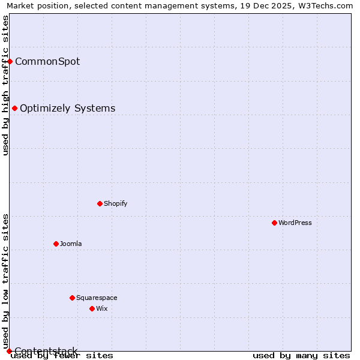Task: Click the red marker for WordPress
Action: [x=274, y=223]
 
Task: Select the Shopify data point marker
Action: [x=100, y=203]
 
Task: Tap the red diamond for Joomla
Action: [x=56, y=244]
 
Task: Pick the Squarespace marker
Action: [x=72, y=298]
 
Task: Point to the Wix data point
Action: [x=92, y=308]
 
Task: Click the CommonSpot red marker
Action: [x=10, y=61]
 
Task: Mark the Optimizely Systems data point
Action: [x=14, y=108]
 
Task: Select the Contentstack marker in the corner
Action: [x=9, y=351]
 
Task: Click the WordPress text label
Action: [x=295, y=223]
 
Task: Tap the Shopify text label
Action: [x=116, y=203]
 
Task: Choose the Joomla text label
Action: [x=71, y=244]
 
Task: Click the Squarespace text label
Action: [x=97, y=298]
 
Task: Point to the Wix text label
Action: [x=102, y=308]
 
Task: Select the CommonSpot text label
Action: [x=47, y=61]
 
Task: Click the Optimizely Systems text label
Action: [x=68, y=108]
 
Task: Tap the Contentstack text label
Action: [x=46, y=351]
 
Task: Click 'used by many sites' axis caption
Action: [x=301, y=355]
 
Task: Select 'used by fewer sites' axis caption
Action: [x=62, y=355]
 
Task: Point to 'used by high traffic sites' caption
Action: [x=5, y=85]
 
